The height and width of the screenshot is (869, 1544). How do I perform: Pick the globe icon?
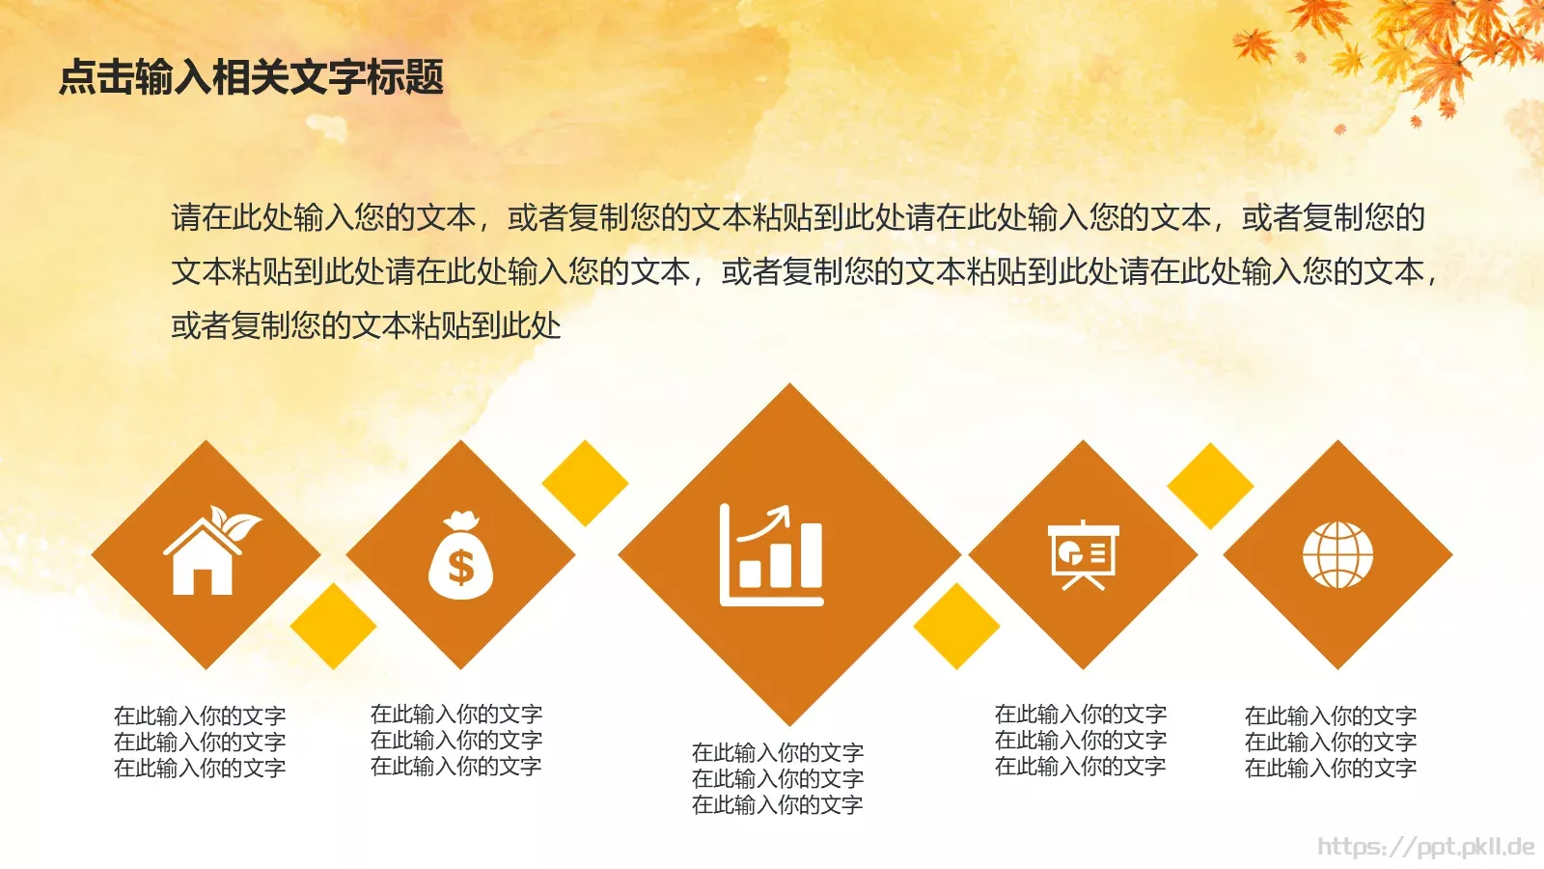click(1337, 555)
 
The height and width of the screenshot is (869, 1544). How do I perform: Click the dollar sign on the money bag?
click(461, 568)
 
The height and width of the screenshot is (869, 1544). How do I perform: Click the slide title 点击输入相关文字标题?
click(251, 77)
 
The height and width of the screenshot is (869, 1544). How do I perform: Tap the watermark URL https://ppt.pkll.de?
click(1425, 847)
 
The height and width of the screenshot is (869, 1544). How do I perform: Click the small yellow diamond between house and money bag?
click(333, 626)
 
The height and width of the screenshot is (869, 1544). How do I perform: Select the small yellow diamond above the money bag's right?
click(585, 483)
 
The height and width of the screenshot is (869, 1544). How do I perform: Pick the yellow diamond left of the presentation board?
click(956, 626)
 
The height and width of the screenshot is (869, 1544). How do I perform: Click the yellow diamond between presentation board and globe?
click(1210, 486)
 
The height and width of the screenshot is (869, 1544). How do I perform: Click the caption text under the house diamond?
click(200, 742)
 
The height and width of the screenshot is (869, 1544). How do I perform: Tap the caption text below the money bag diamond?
click(456, 740)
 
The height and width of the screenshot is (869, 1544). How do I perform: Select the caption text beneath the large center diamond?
click(778, 778)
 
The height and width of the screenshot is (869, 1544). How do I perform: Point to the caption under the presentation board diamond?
click(1081, 740)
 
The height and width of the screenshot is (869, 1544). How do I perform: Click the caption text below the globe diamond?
click(1331, 742)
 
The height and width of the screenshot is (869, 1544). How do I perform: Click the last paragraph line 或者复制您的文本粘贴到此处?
click(366, 325)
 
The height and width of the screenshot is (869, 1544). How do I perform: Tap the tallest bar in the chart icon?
click(811, 555)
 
